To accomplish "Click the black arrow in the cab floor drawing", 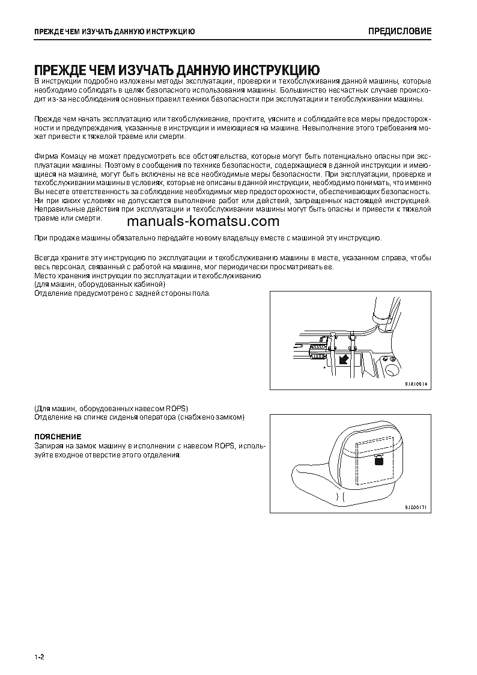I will tap(344, 359).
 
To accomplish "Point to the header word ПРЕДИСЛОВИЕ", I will tap(400, 31).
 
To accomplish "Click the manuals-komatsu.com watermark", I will tap(199, 221).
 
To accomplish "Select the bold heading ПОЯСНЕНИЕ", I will tap(58, 436).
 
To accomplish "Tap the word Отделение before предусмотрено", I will tap(53, 293).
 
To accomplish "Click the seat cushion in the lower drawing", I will tap(318, 487).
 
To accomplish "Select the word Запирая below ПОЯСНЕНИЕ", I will tap(49, 445).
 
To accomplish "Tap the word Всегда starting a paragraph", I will tap(46, 257).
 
